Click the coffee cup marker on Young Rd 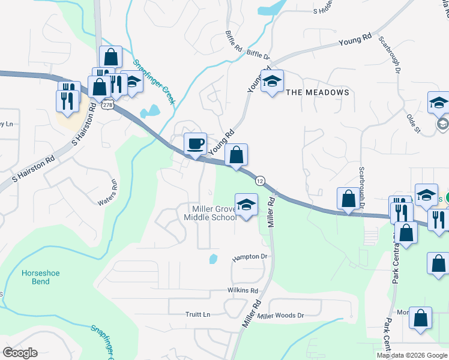pos(194,144)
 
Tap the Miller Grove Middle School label pos(214,213)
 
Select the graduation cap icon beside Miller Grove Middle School pos(246,205)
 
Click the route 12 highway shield pos(260,180)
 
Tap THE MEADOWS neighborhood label pos(317,92)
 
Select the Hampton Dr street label pos(249,257)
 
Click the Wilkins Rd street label pos(243,290)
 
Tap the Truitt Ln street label pos(198,314)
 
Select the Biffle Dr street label pos(258,55)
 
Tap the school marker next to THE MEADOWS pos(272,82)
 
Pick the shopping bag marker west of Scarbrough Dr pos(348,199)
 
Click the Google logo pos(20,353)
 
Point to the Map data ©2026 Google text pos(411,355)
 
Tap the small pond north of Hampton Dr pos(214,259)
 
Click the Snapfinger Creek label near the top pos(154,82)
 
